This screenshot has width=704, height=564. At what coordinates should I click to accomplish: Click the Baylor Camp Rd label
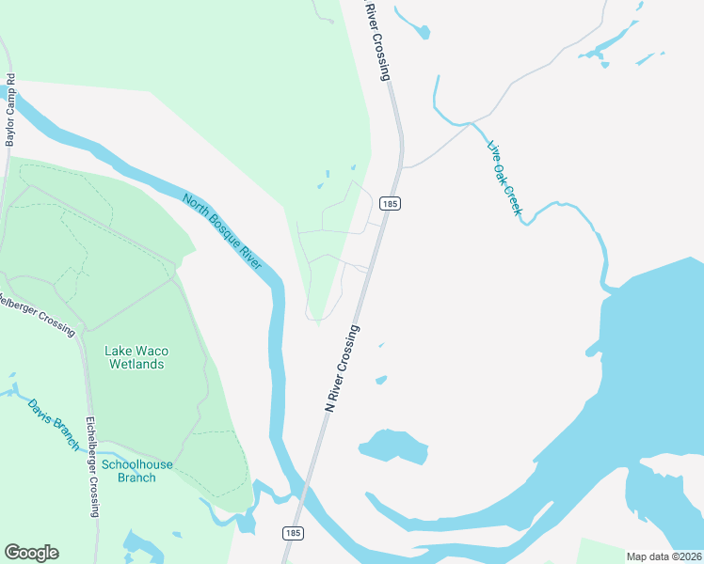[x=11, y=110]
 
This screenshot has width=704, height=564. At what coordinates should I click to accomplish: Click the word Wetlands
[x=137, y=364]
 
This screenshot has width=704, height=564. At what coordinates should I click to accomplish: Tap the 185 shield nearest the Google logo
[x=292, y=533]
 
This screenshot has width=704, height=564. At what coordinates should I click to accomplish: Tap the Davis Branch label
[x=54, y=425]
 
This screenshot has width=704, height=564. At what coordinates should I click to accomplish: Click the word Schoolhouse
[x=137, y=464]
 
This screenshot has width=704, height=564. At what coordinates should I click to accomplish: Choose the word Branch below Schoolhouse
[x=137, y=478]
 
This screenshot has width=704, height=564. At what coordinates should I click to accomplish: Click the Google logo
[x=31, y=553]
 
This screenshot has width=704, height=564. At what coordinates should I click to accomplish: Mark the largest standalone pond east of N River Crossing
[x=392, y=446]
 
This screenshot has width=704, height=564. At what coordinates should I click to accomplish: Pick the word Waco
[x=152, y=351]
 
